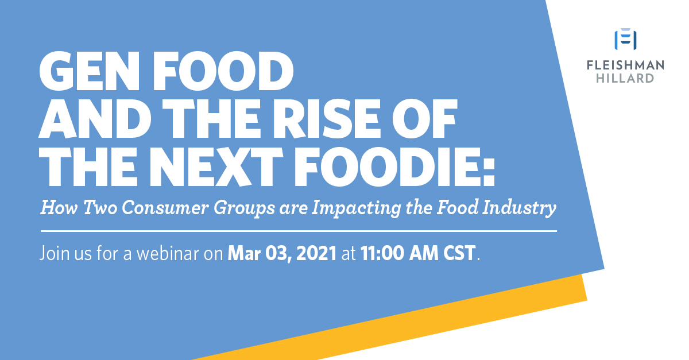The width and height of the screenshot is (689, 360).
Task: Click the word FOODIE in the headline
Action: (x=387, y=167)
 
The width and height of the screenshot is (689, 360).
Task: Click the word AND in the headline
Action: (x=95, y=119)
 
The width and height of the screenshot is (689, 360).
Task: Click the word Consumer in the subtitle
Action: (x=165, y=208)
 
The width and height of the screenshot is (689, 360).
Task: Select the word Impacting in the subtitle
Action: (x=356, y=208)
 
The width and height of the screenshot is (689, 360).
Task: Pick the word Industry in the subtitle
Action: (x=519, y=208)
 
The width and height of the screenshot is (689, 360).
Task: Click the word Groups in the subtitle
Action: (x=244, y=208)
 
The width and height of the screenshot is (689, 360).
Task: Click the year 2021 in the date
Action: (x=316, y=254)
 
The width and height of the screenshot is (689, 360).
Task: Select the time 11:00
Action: (x=382, y=254)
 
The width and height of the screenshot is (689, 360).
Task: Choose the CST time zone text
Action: (x=459, y=254)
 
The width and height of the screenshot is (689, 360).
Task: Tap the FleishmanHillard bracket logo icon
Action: (x=625, y=39)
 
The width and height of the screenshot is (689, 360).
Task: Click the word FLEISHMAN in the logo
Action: (x=625, y=65)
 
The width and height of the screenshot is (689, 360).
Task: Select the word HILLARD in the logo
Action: (x=625, y=78)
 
